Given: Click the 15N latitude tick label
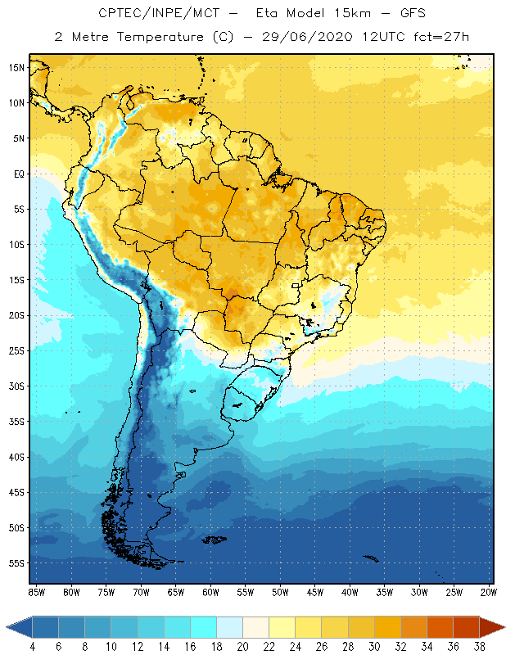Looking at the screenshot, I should point(16,67).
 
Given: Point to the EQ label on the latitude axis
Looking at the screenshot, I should point(16,174).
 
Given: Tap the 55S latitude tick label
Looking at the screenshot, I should point(16,563).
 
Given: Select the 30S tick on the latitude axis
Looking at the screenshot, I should point(16,386).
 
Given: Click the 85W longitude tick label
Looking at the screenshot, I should point(36,591).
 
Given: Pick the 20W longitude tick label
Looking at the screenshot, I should point(487,591).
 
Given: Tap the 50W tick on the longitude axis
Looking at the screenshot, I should point(280,591).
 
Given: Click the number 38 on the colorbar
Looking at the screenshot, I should point(480,646).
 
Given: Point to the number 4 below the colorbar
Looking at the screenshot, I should point(33,646).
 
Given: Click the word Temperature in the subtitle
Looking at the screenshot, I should point(165,38).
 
